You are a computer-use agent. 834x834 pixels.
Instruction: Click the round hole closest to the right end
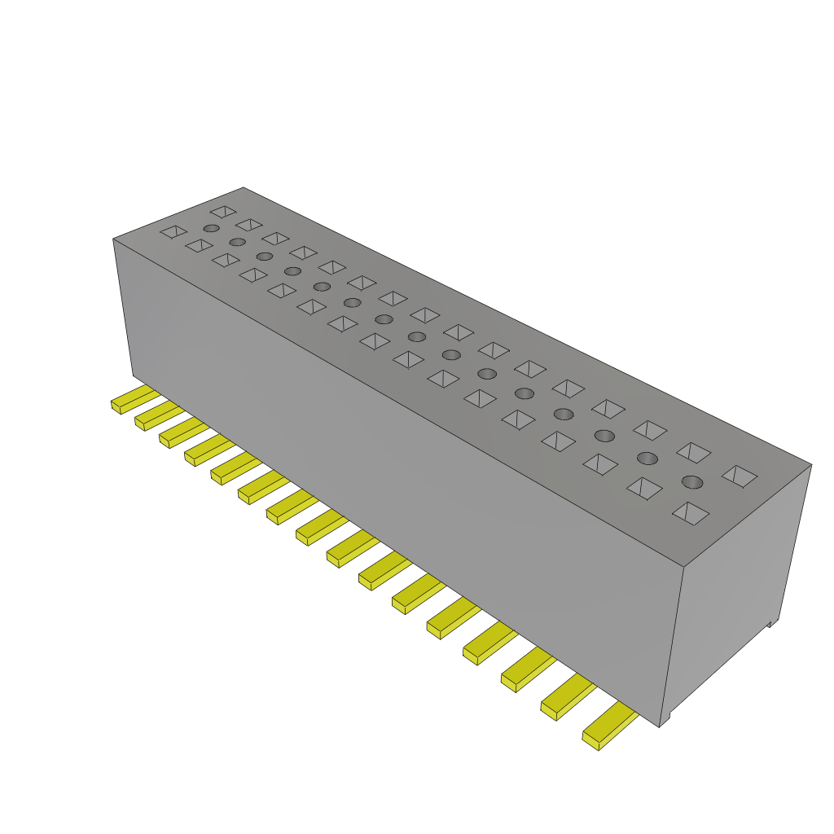[x=691, y=481]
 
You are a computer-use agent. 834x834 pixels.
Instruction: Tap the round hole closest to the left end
[x=211, y=228]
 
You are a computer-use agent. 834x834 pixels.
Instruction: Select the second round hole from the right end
[x=647, y=458]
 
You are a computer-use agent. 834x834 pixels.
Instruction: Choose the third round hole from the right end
[x=604, y=435]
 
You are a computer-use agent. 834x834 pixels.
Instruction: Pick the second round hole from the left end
[x=237, y=242]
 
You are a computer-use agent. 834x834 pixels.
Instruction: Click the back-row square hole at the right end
[x=740, y=476]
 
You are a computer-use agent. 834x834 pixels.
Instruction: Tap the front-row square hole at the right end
[x=690, y=513]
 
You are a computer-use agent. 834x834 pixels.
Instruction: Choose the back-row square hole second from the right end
[x=694, y=453]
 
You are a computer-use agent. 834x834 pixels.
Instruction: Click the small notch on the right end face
[x=770, y=623]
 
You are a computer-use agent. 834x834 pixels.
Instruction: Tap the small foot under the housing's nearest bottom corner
[x=665, y=721]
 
